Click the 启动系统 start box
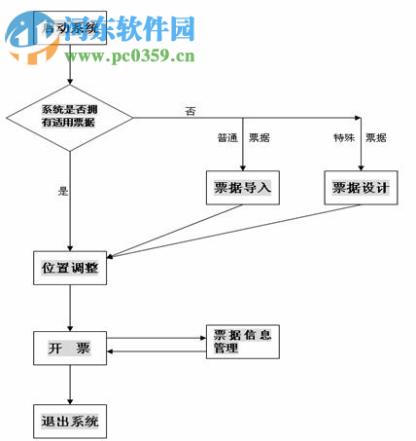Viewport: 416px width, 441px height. coord(70,30)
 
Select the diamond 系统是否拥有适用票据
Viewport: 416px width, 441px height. coord(69,118)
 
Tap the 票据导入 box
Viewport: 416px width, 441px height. coord(243,187)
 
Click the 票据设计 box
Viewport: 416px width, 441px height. coord(361,187)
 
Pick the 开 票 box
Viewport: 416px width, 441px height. coord(70,348)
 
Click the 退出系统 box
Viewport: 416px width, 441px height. coord(70,423)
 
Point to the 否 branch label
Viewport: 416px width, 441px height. coord(191,110)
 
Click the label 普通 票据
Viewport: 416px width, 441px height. coord(242,138)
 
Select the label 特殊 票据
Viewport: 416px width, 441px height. coord(360,138)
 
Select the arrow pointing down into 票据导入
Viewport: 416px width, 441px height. coord(243,161)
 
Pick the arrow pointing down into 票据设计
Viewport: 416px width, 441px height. coord(361,161)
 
